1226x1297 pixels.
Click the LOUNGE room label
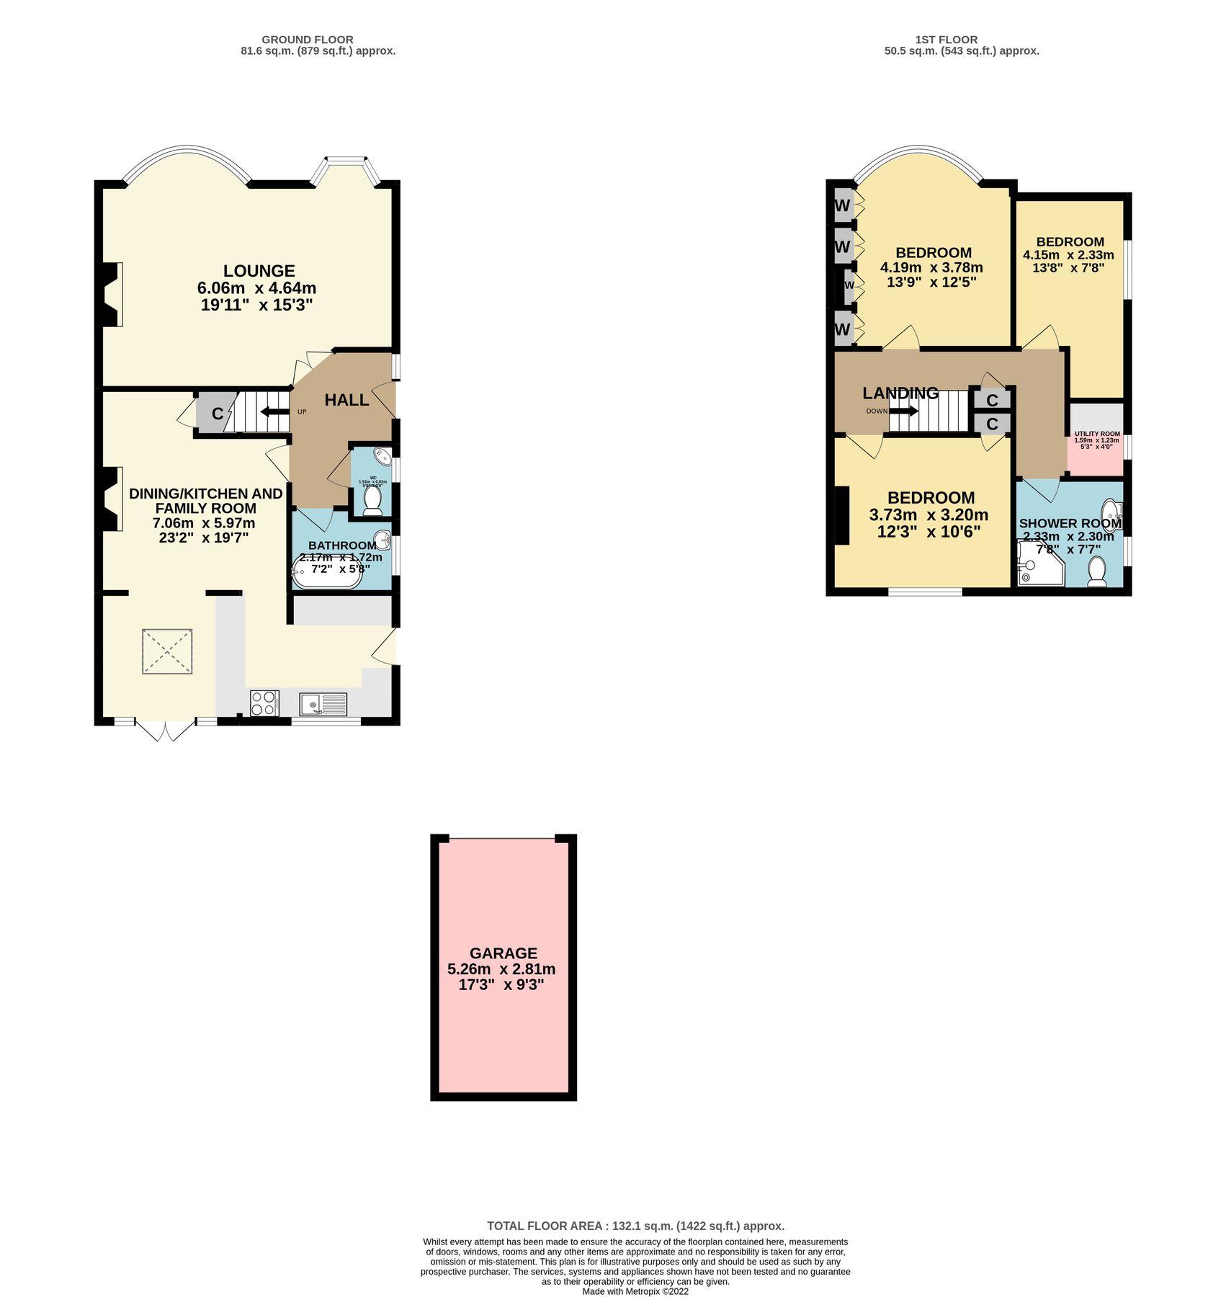[x=259, y=271]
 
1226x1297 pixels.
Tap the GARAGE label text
[x=503, y=953]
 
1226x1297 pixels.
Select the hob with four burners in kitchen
[x=264, y=703]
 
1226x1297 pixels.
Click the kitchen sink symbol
[x=323, y=703]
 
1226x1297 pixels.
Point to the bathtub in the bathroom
[x=326, y=572]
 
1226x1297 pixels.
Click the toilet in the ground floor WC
[x=372, y=500]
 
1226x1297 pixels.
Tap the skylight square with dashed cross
[x=167, y=651]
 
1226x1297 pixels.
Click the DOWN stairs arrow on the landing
[x=904, y=411]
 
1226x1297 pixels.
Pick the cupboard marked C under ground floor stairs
[x=216, y=414]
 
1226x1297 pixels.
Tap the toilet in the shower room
[x=1097, y=571]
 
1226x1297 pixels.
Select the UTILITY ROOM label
[x=1096, y=434]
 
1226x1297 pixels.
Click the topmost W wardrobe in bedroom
[x=842, y=205]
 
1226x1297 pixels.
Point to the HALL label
[x=346, y=400]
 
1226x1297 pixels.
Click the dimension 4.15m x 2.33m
[x=1068, y=255]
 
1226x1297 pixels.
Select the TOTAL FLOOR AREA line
[x=635, y=1226]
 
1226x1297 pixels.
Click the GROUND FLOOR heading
[x=307, y=40]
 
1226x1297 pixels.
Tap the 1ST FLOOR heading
[x=946, y=40]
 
